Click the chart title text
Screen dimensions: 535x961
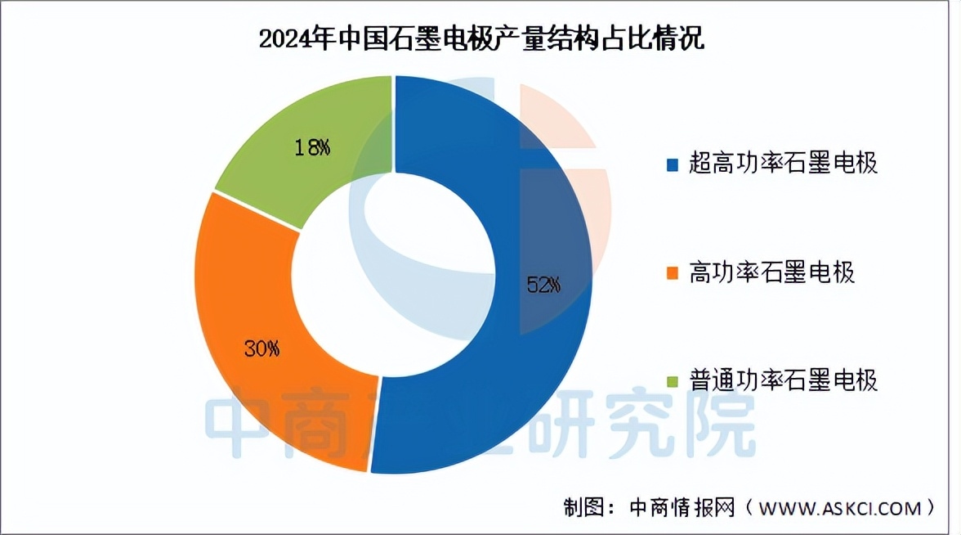point(480,38)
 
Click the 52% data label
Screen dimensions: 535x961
point(543,285)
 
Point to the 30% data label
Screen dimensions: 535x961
point(262,348)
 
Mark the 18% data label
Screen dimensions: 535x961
point(312,147)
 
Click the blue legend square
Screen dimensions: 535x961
point(673,165)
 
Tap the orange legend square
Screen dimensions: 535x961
point(673,273)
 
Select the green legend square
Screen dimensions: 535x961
point(673,382)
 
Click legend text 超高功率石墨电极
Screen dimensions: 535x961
point(783,164)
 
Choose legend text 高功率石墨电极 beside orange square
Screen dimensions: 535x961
point(772,272)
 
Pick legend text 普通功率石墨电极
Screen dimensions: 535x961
point(783,380)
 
